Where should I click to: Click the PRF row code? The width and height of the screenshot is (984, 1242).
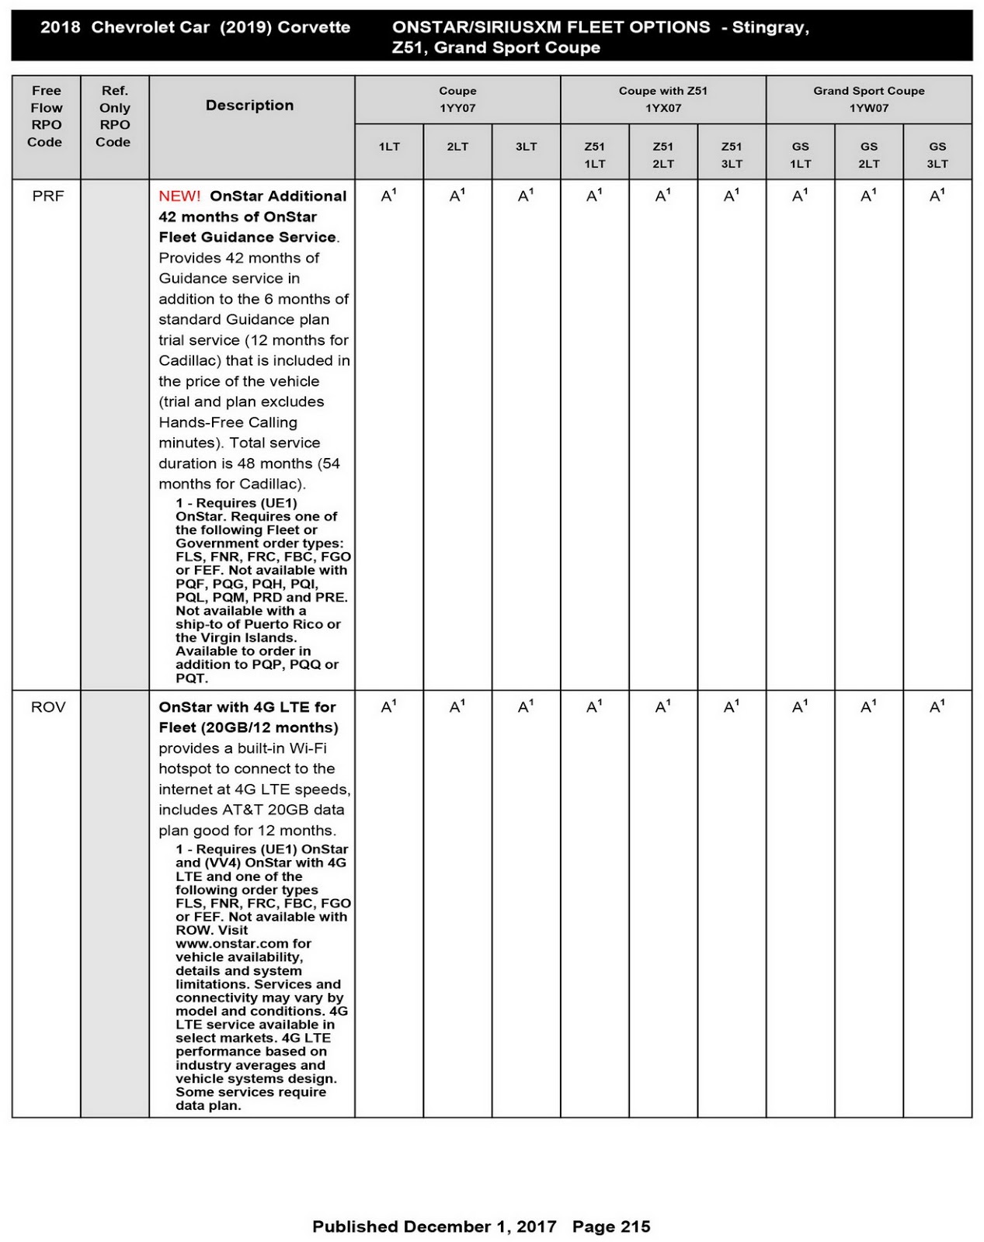(48, 196)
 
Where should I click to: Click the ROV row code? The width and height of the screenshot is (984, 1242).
(48, 707)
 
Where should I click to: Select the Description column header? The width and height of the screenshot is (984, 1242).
(249, 106)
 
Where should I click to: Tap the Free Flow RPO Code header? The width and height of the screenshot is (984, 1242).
(46, 116)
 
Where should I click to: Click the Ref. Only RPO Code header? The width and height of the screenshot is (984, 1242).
(114, 116)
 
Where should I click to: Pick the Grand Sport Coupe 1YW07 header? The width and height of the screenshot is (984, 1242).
(868, 99)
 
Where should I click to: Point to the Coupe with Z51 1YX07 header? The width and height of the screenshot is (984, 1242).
(662, 99)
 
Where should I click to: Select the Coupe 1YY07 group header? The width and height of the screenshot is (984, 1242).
(457, 99)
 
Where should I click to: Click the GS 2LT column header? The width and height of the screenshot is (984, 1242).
(868, 154)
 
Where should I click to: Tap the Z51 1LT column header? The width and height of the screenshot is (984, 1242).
(594, 154)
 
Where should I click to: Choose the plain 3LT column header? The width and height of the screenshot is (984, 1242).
(526, 147)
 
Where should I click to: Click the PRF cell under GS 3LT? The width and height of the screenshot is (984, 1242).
(937, 196)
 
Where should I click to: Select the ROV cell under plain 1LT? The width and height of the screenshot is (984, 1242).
(388, 707)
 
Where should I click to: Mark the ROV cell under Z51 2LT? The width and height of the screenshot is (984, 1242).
(662, 707)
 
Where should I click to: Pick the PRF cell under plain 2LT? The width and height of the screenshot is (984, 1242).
(457, 196)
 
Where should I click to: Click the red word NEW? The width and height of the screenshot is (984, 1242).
(179, 196)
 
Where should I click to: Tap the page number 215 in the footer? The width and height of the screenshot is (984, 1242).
(635, 1226)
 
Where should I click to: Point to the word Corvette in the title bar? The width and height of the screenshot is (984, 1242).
(314, 27)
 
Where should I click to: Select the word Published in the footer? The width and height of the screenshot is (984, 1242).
(355, 1226)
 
